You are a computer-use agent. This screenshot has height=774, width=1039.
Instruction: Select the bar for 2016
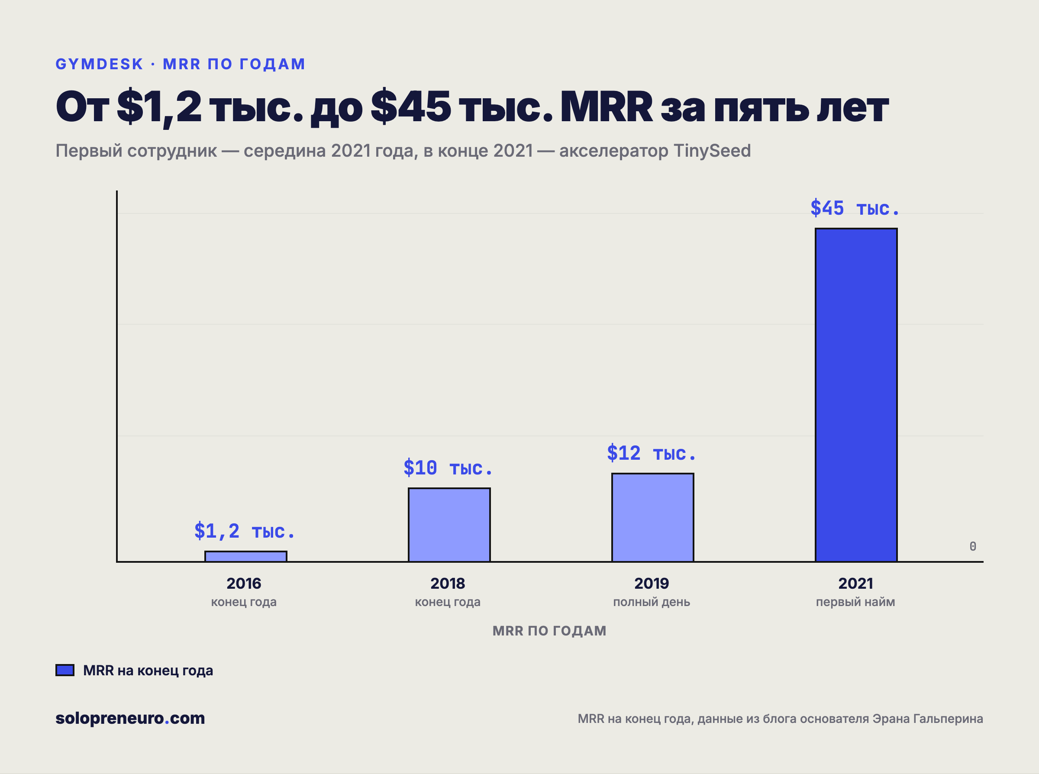pyautogui.click(x=245, y=556)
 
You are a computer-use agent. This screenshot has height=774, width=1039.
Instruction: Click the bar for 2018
pyautogui.click(x=449, y=525)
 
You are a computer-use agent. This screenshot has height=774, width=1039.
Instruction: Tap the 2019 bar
pyautogui.click(x=652, y=517)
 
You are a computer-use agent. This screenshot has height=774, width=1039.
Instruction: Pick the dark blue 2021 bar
pyautogui.click(x=856, y=395)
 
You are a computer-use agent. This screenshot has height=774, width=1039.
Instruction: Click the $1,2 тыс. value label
pyautogui.click(x=245, y=531)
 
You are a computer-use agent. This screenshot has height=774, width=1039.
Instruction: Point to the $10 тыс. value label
pyautogui.click(x=448, y=468)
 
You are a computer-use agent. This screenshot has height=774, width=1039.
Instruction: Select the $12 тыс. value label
pyautogui.click(x=651, y=453)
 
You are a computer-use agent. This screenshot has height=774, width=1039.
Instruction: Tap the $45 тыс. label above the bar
pyautogui.click(x=855, y=208)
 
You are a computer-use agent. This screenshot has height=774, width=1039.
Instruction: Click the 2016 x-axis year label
pyautogui.click(x=244, y=583)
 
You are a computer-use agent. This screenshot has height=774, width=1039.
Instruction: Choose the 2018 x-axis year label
pyautogui.click(x=447, y=583)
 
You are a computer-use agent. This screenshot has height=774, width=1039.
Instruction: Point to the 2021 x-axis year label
pyautogui.click(x=855, y=583)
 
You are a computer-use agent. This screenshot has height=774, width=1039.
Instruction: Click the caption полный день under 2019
pyautogui.click(x=652, y=602)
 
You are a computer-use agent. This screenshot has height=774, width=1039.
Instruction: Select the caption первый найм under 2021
pyautogui.click(x=855, y=602)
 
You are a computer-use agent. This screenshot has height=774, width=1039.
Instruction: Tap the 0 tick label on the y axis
pyautogui.click(x=973, y=546)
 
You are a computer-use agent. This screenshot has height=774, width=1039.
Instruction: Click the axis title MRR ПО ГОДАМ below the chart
pyautogui.click(x=549, y=631)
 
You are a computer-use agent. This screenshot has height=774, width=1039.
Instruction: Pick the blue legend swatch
pyautogui.click(x=65, y=670)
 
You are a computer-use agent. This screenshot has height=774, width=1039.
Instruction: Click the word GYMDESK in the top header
pyautogui.click(x=99, y=64)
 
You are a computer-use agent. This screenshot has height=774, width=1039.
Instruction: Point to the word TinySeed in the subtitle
pyautogui.click(x=712, y=151)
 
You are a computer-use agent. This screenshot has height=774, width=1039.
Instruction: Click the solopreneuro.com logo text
pyautogui.click(x=130, y=718)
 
